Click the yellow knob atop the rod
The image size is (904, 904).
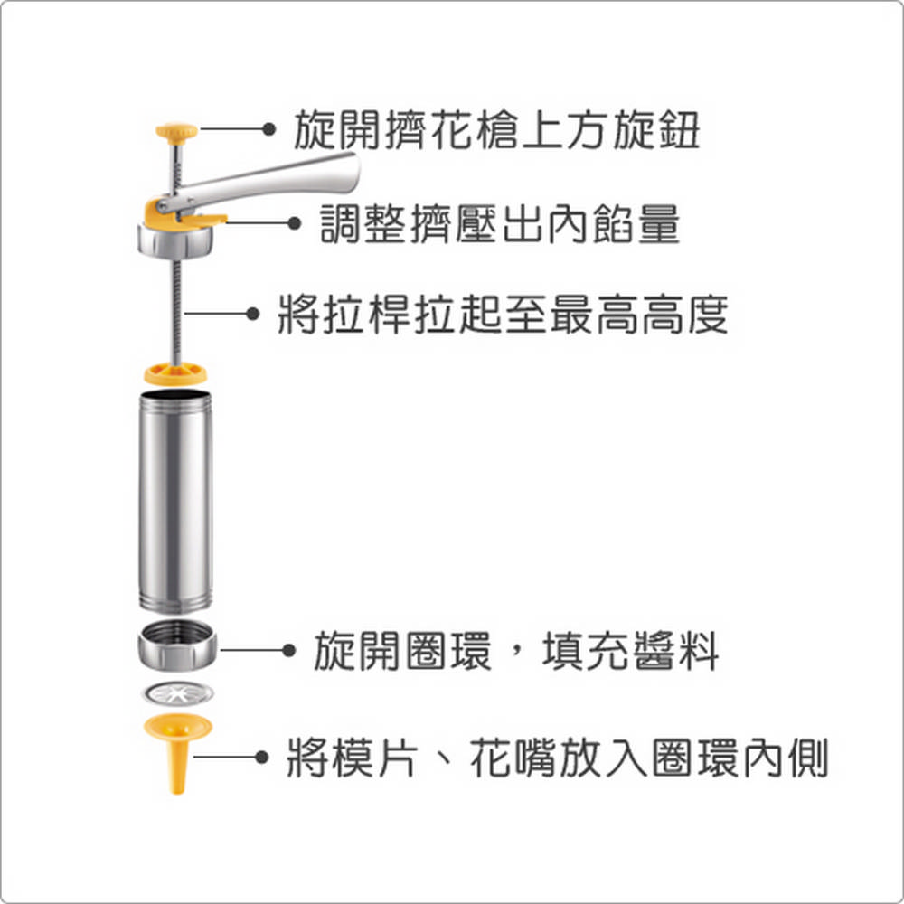click(x=177, y=133)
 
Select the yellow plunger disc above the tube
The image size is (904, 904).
click(x=175, y=373)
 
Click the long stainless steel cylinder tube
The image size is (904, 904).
click(x=176, y=501)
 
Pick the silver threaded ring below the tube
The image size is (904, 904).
click(x=177, y=645)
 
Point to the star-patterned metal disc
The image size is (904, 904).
click(x=177, y=693)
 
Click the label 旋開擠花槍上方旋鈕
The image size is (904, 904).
click(x=496, y=129)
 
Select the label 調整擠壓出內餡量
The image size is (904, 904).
click(x=500, y=223)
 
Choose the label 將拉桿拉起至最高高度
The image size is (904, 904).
click(x=503, y=315)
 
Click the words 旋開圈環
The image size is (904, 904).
click(x=403, y=651)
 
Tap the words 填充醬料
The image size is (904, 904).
click(x=631, y=651)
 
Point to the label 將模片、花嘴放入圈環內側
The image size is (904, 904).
click(x=558, y=758)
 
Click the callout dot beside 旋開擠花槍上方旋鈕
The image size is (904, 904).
click(x=268, y=129)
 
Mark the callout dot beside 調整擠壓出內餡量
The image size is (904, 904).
click(x=294, y=222)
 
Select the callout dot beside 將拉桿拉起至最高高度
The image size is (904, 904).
click(x=252, y=314)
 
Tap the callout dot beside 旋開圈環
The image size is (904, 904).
click(x=289, y=650)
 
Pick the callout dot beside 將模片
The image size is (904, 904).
click(x=262, y=757)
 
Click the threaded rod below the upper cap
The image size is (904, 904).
click(x=177, y=311)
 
